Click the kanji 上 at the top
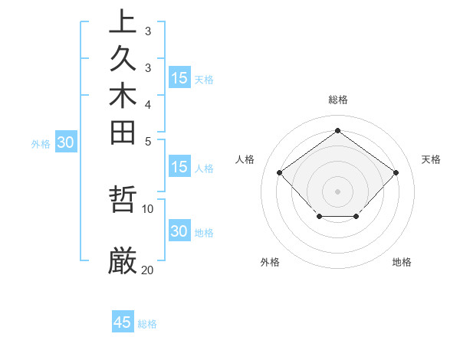pos(123,21)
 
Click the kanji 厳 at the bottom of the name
pos(123,261)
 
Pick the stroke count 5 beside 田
pos(147,141)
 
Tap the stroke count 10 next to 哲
pos(148,208)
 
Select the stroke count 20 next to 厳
pos(148,270)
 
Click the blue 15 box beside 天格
pos(179,77)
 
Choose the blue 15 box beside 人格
pos(179,168)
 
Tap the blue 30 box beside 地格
pos(179,231)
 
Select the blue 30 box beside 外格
pos(66,142)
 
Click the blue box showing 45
pos(123,322)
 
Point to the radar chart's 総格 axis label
pos(338,100)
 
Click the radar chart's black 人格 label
pos(245,159)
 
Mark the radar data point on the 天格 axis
pos(396,173)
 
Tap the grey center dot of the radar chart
pos(338,191)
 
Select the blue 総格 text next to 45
pos(147,324)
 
